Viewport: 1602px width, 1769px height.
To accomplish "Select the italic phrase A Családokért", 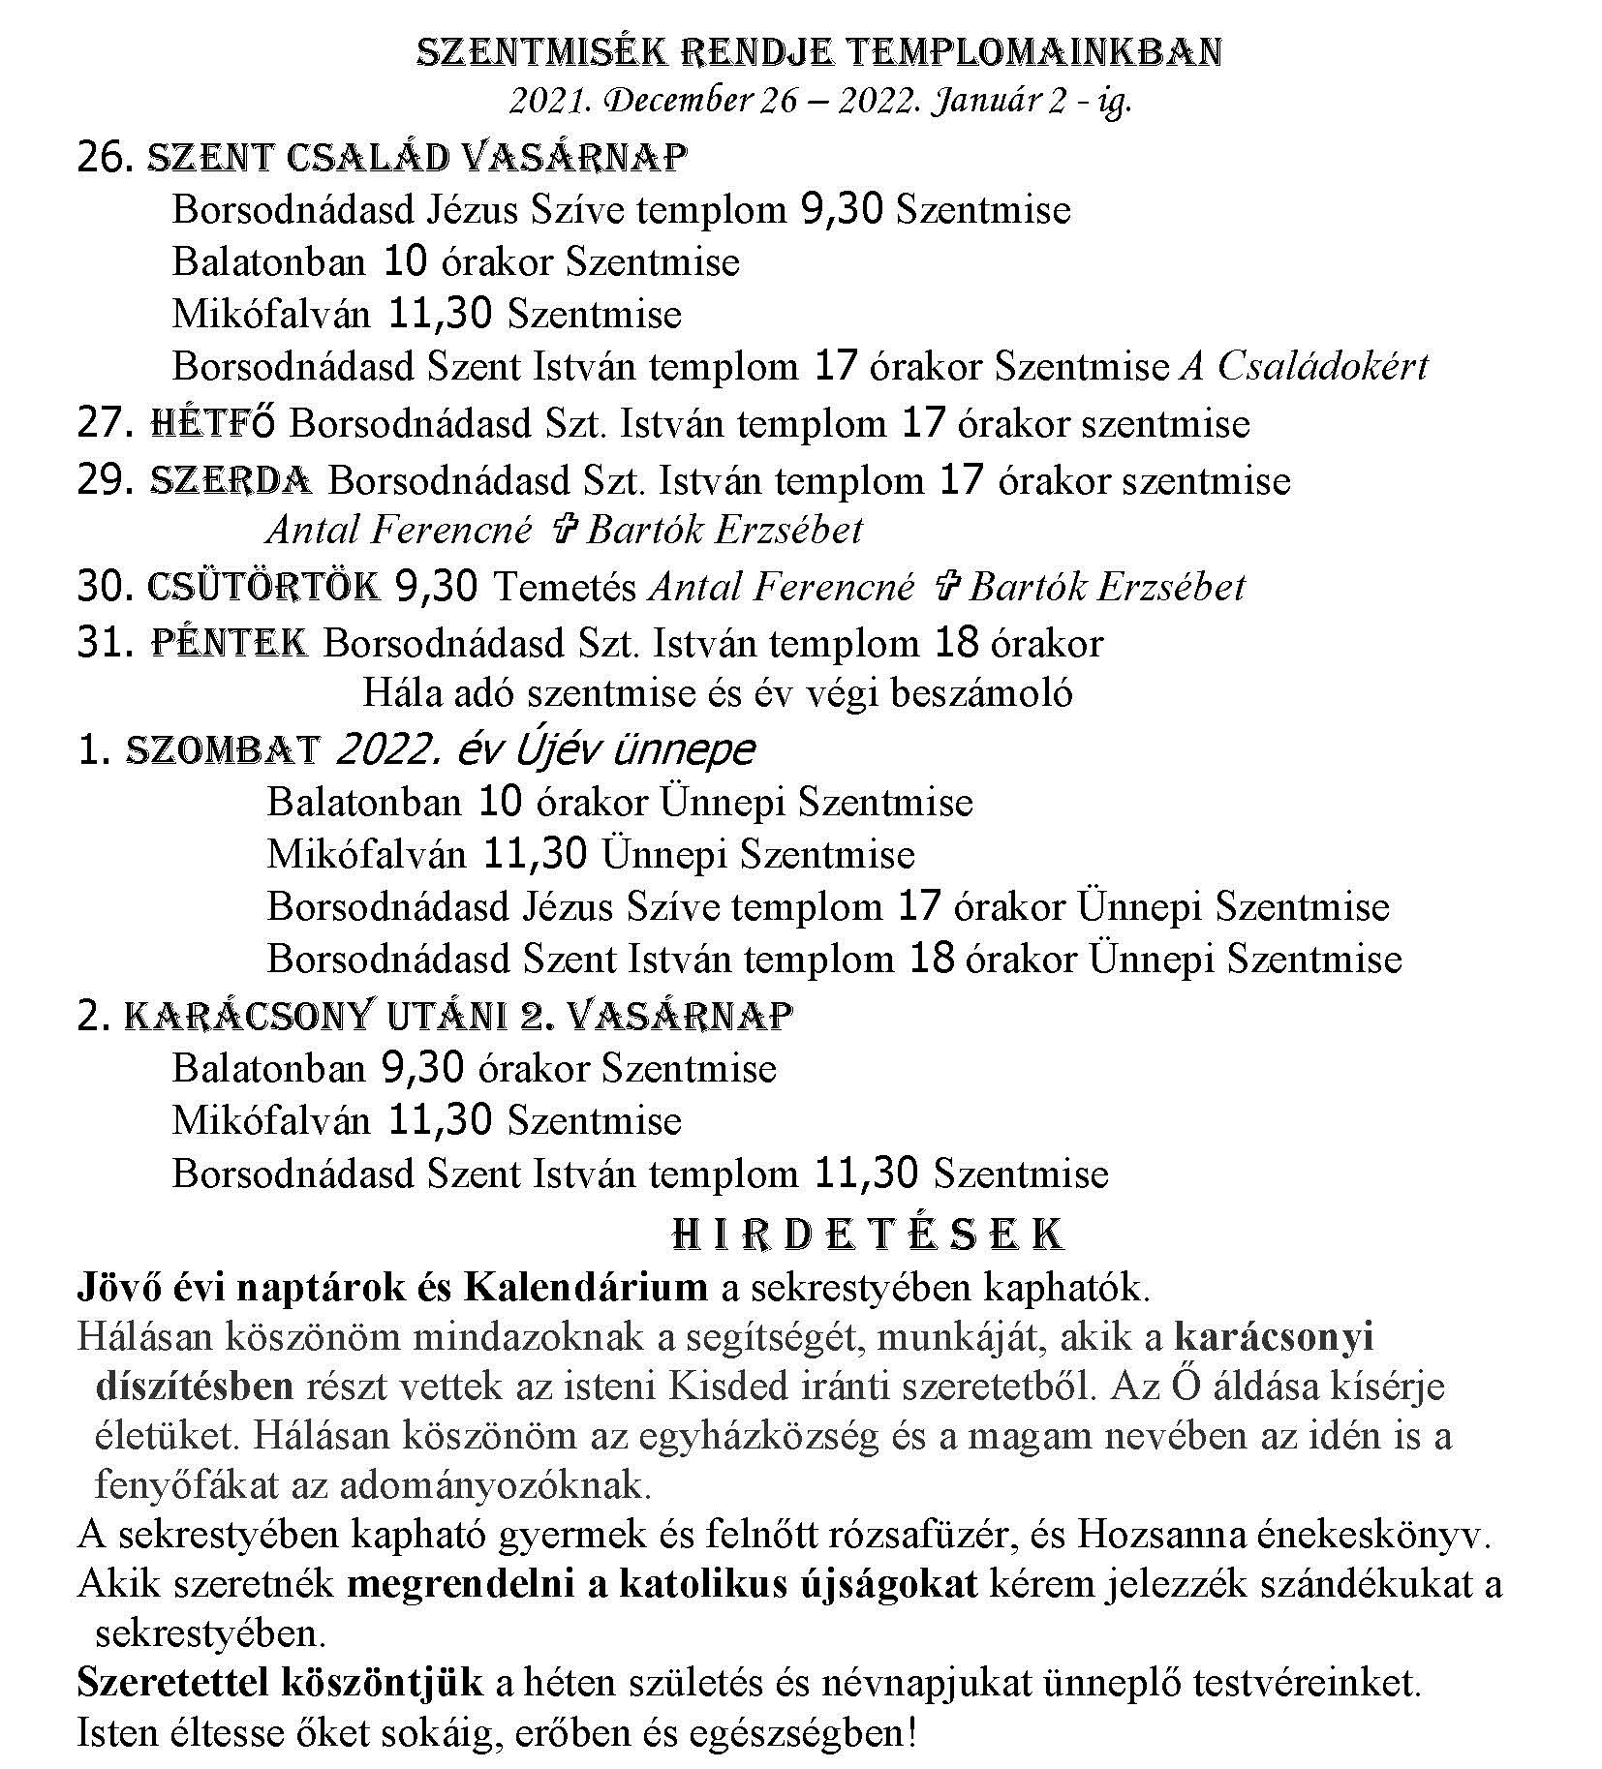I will (x=1304, y=367).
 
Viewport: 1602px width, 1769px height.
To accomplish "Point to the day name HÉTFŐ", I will (x=213, y=424).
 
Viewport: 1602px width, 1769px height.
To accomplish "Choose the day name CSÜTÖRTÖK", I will (x=262, y=587).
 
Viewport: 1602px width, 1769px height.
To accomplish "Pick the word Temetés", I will (x=566, y=588).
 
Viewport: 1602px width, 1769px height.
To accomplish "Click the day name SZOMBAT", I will (x=223, y=750).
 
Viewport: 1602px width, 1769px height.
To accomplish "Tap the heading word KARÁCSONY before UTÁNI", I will (x=248, y=1016).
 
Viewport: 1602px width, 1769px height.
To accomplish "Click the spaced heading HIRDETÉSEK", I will (x=868, y=1235).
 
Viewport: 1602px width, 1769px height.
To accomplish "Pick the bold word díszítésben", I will (x=194, y=1387).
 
